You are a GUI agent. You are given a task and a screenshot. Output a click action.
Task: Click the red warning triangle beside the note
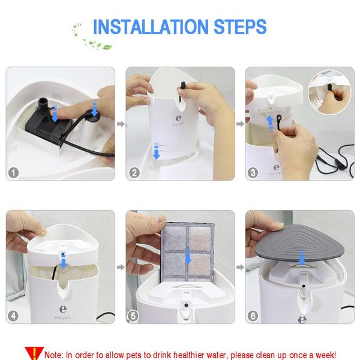34,353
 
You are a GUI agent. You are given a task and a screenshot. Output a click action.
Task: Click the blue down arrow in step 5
188,256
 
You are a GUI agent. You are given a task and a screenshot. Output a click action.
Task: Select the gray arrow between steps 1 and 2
120,124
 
